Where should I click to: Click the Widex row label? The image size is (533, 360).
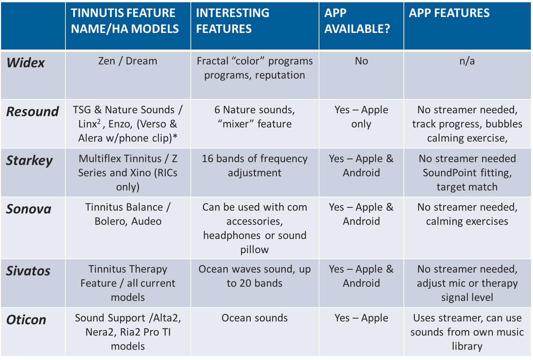coord(25,63)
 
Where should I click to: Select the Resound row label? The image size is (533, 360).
coord(33,112)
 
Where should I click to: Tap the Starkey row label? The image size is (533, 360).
coord(29,161)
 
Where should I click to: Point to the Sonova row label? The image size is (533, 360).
coord(29,209)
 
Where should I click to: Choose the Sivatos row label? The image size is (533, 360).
coord(28,271)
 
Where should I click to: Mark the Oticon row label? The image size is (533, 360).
coord(26,320)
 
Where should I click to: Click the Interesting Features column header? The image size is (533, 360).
coord(232,21)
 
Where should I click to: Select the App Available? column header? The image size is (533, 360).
coord(357,21)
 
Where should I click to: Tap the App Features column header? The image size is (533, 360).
coord(449,13)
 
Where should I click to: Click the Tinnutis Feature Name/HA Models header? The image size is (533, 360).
coord(125,21)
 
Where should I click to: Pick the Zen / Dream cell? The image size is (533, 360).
coord(128,61)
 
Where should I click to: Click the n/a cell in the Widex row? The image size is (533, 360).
coord(467,61)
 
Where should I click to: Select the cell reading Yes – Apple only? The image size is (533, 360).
coord(361,117)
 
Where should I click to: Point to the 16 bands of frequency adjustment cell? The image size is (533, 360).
coord(255,166)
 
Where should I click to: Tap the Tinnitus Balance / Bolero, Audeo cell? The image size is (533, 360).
coord(128,214)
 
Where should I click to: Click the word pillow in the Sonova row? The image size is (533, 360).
coord(255,250)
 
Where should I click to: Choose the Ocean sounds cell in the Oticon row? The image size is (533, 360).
coord(255,318)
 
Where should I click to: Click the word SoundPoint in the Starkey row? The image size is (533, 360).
coord(450,173)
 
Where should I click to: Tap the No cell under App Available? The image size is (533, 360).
coord(361,61)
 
